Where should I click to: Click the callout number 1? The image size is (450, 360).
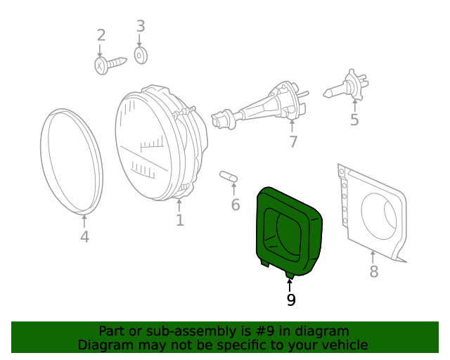180,220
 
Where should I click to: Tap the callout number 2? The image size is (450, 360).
101,35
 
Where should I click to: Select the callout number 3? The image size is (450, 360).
140,27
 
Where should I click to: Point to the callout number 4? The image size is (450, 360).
84,237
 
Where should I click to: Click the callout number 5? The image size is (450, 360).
354,120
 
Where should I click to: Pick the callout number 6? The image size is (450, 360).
236,205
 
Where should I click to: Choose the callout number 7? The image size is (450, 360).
292,142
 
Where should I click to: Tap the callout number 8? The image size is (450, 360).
373,271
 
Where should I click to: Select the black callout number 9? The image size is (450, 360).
290,300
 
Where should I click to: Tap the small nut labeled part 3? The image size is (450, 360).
140,55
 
